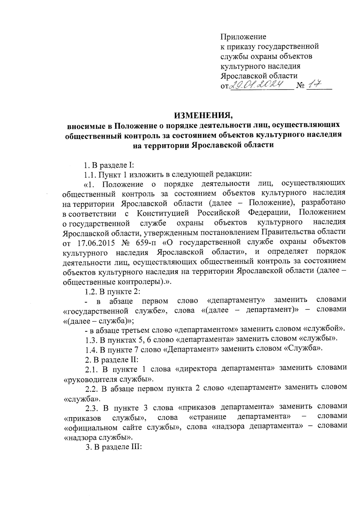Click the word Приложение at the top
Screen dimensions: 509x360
coord(243,37)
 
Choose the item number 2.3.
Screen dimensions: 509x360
coord(91,408)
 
